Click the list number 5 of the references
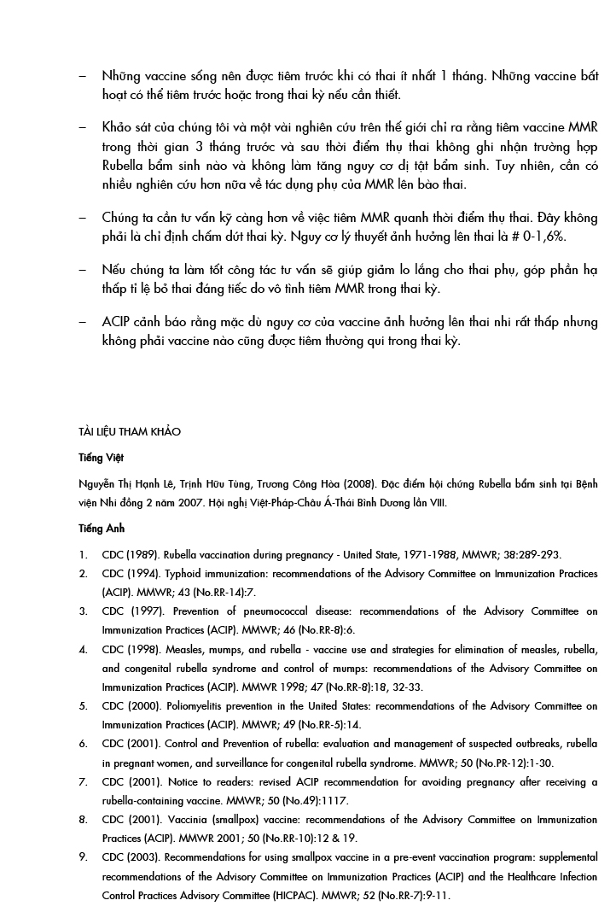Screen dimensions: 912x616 click(83, 706)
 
